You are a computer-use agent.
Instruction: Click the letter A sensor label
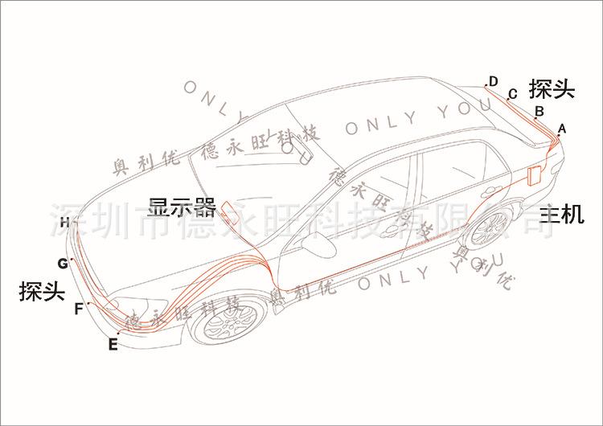pyautogui.click(x=562, y=128)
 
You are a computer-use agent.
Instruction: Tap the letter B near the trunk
pyautogui.click(x=539, y=110)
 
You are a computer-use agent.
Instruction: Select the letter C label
pyautogui.click(x=512, y=94)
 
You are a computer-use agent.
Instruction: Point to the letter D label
pyautogui.click(x=493, y=80)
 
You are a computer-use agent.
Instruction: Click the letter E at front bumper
pyautogui.click(x=113, y=345)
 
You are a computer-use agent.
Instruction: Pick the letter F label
pyautogui.click(x=78, y=308)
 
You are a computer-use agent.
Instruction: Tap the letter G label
pyautogui.click(x=62, y=263)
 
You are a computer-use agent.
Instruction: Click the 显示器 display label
pyautogui.click(x=183, y=207)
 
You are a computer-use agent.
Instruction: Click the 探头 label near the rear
pyautogui.click(x=552, y=88)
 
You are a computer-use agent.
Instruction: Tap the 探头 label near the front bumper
pyautogui.click(x=41, y=292)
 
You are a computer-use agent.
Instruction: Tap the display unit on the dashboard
pyautogui.click(x=229, y=211)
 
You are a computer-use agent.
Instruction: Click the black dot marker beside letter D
pyautogui.click(x=486, y=85)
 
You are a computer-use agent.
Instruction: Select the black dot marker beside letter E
pyautogui.click(x=119, y=333)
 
